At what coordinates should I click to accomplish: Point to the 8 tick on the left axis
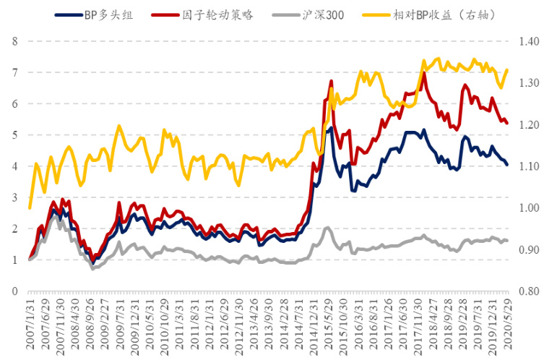pos(14,41)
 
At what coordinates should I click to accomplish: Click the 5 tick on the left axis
pos(14,135)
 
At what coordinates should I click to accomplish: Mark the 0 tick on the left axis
pos(14,291)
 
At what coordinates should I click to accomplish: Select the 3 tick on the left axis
pos(14,197)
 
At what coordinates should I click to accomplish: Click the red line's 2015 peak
pos(330,80)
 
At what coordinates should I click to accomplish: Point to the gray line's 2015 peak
pos(327,228)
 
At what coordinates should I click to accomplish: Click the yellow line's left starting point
pos(30,208)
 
